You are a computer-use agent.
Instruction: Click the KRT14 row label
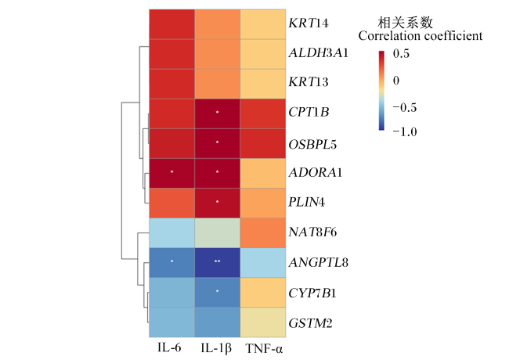pos(309,23)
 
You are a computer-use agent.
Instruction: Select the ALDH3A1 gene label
pos(319,53)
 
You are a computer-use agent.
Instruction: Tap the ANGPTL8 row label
pos(319,262)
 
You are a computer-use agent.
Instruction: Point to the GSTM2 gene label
pos(310,323)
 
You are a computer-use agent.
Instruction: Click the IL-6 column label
pos(169,347)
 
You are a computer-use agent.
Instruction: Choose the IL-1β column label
pos(216,348)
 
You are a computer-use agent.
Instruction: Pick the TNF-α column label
pos(264,348)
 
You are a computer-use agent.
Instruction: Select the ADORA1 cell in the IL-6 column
pos(172,173)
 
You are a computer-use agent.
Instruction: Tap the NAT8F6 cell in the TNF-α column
pos(263,233)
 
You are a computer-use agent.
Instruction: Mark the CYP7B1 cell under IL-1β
pos(218,293)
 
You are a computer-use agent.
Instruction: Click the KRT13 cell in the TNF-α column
pos(263,84)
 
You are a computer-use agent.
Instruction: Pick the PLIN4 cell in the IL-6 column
pos(172,203)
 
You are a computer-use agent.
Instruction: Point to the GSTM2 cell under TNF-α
pos(263,322)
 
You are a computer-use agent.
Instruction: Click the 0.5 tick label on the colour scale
pos(401,53)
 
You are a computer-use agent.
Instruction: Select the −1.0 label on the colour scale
pos(405,131)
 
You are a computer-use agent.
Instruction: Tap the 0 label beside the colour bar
pos(396,81)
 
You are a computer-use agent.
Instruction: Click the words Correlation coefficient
pos(421,36)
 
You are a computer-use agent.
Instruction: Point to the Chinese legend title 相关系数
pos(405,23)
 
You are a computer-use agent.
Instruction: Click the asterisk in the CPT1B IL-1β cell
pos(218,112)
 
